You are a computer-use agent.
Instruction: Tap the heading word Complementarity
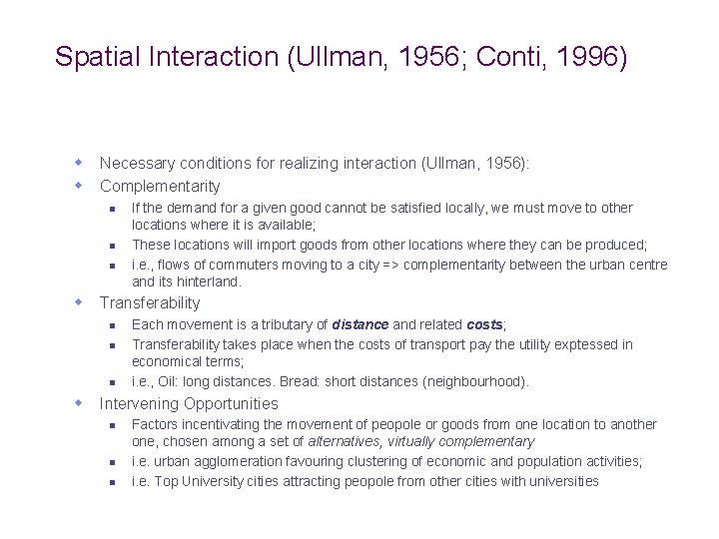pos(160,187)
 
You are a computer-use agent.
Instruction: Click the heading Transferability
pos(150,303)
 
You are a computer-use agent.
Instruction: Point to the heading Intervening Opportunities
pos(189,404)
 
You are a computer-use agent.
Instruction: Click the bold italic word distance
pos(360,325)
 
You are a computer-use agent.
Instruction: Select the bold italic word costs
pos(486,325)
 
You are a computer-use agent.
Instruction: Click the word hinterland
pos(210,282)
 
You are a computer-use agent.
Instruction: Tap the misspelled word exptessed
pos(576,344)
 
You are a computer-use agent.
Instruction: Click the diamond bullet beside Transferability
pos(77,302)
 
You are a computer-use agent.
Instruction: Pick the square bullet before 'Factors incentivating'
pos(113,425)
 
